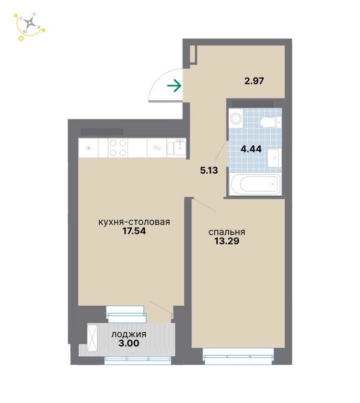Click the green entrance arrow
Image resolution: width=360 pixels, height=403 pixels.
coord(174,86)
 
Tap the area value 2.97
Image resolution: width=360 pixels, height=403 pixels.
coord(254,81)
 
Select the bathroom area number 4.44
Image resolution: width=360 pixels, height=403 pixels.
coord(251,149)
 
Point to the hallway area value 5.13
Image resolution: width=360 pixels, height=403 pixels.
coord(209,170)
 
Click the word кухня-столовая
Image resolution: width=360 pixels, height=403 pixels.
coord(134,222)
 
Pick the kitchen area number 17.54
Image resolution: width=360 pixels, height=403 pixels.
coord(134,231)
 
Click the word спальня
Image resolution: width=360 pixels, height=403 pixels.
coord(227,232)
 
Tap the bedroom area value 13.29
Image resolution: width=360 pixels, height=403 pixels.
coord(227,241)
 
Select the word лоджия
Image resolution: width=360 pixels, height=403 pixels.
coord(129,334)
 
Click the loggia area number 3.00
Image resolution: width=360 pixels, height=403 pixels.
coord(129,343)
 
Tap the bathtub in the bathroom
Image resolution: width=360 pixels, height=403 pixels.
coord(256,184)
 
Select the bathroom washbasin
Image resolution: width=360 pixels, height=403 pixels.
coord(274,157)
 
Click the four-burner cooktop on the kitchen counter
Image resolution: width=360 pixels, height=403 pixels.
coord(118,148)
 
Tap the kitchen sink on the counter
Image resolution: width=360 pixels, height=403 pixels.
coord(176,148)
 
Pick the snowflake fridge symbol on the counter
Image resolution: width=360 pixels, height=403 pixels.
coord(88,148)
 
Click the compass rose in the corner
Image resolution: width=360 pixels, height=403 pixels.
coord(30,24)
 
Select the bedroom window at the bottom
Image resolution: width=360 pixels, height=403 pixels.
coord(238,356)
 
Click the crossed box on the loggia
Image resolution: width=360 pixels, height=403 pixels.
coord(92,338)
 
